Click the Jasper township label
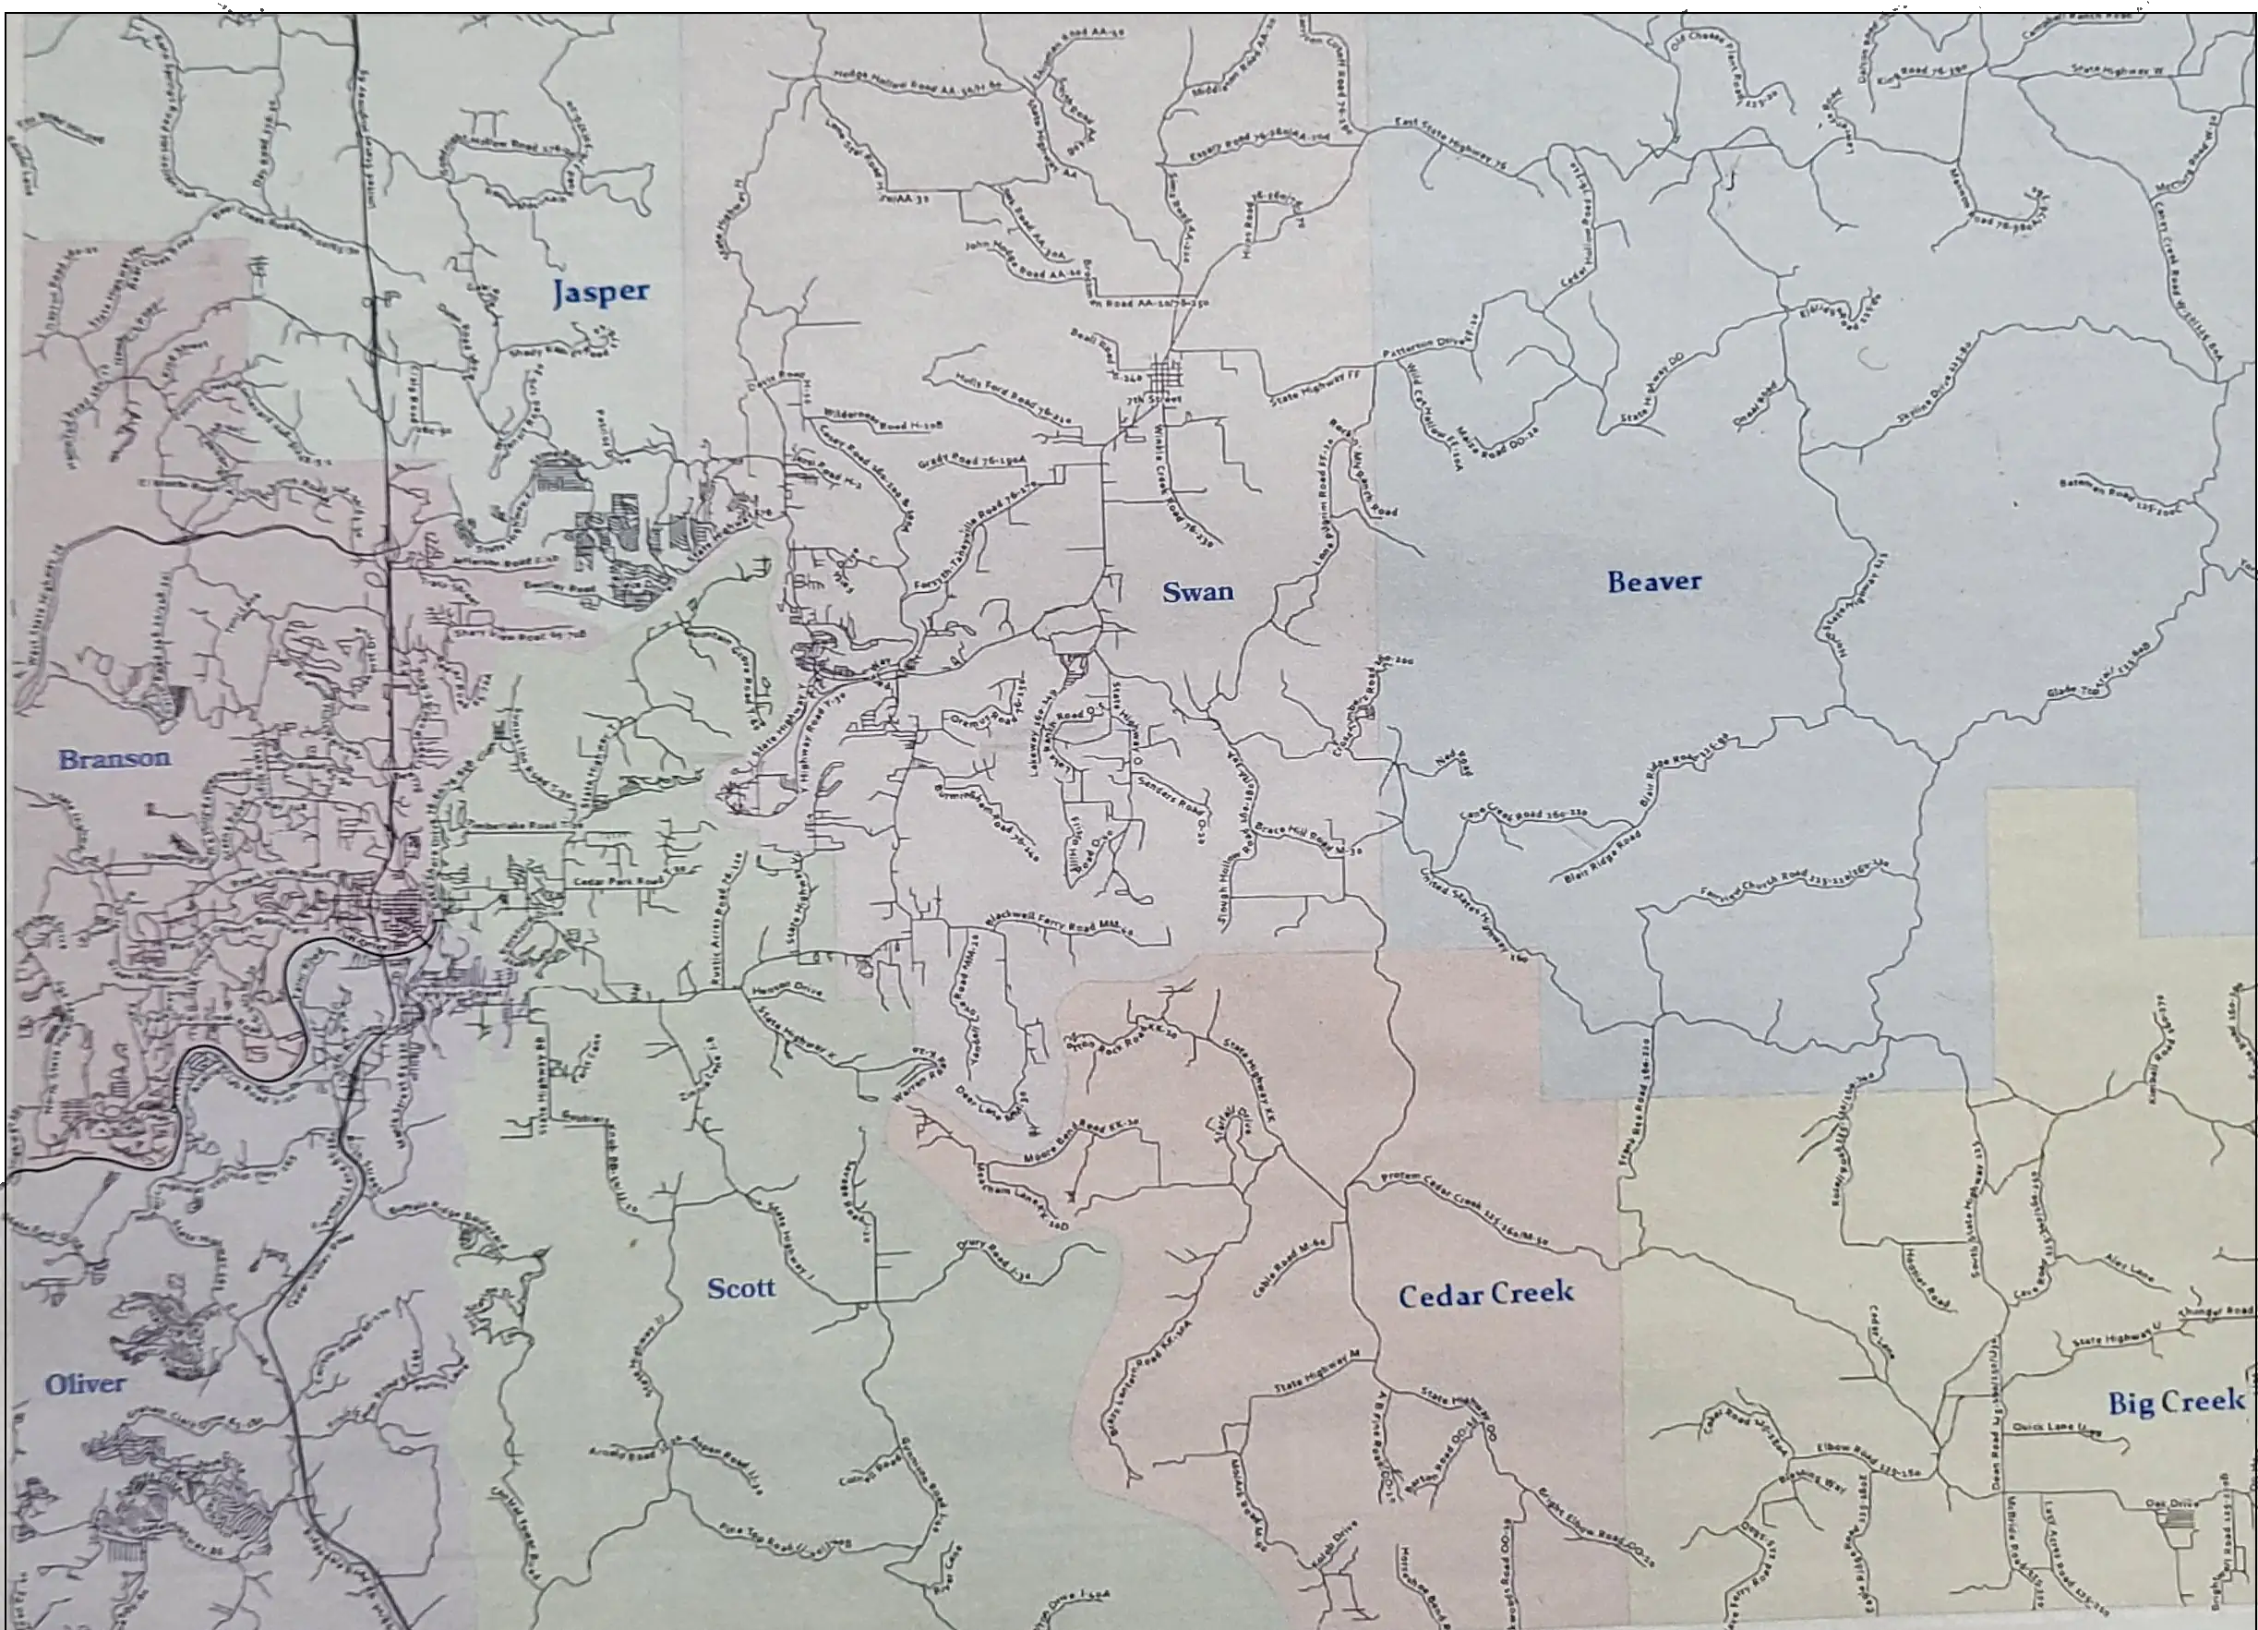click(x=600, y=293)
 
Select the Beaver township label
click(x=1653, y=583)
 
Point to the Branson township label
click(x=114, y=759)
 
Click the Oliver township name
click(x=85, y=1384)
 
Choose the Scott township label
click(x=740, y=1288)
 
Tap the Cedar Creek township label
click(x=1485, y=1295)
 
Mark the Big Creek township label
click(x=2175, y=1403)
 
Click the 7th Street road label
click(x=1154, y=399)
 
